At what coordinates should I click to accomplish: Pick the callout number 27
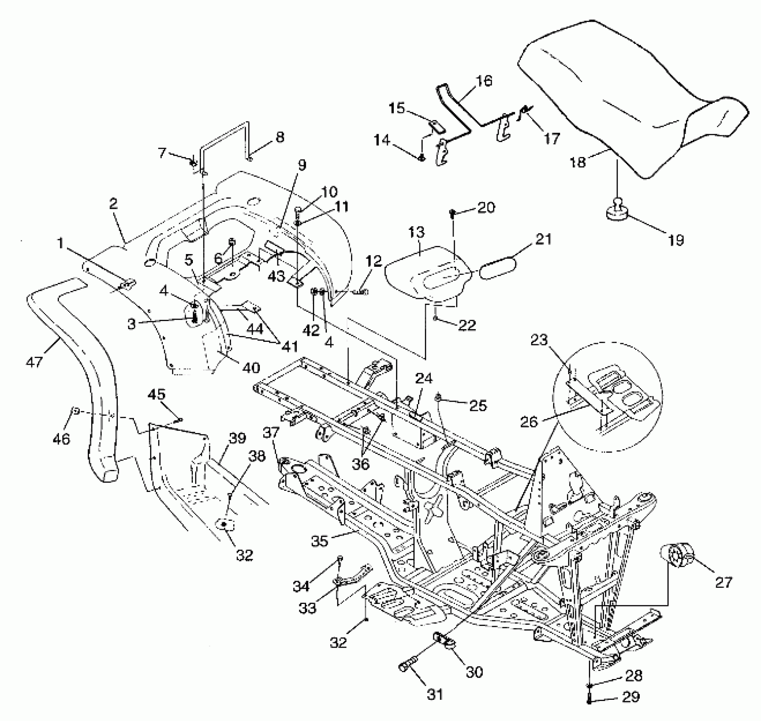tap(723, 582)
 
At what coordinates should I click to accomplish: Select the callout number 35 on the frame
tap(320, 541)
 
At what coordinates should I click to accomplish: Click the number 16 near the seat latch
tap(484, 81)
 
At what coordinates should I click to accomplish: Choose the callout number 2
tap(113, 204)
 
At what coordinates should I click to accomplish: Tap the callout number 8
tap(279, 137)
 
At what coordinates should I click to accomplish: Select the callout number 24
tap(424, 378)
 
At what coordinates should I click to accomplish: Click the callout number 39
tap(237, 438)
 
